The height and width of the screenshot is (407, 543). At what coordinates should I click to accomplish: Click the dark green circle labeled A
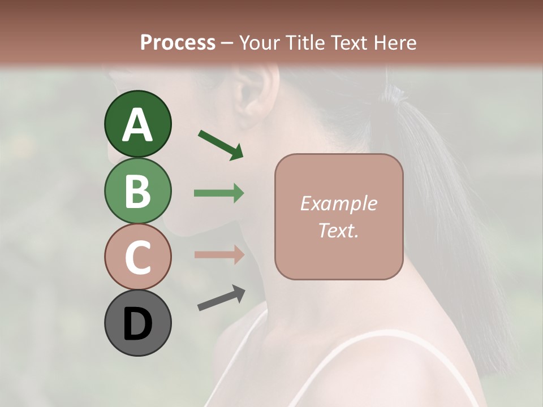click(137, 124)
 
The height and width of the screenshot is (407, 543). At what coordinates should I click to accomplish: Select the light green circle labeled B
click(137, 190)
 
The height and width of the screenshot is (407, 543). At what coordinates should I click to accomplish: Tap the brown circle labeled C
click(137, 257)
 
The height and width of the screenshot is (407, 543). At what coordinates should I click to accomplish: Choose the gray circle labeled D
click(137, 323)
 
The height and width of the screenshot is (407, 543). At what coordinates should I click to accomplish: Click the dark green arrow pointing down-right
click(221, 144)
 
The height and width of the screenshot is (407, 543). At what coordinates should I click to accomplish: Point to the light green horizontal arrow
click(219, 193)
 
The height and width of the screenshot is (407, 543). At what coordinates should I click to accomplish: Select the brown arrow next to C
click(219, 254)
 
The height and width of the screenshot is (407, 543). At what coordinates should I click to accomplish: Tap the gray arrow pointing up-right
click(221, 298)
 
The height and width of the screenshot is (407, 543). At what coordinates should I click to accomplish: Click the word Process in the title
click(178, 42)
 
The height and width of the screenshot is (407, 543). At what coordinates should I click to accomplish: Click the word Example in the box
click(338, 203)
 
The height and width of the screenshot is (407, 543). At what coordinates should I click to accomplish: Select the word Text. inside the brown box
click(338, 230)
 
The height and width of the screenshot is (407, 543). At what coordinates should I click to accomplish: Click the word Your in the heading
click(257, 42)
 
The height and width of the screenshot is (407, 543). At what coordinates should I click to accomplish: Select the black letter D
click(137, 324)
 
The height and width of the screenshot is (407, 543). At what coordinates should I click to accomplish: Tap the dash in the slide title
click(227, 43)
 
